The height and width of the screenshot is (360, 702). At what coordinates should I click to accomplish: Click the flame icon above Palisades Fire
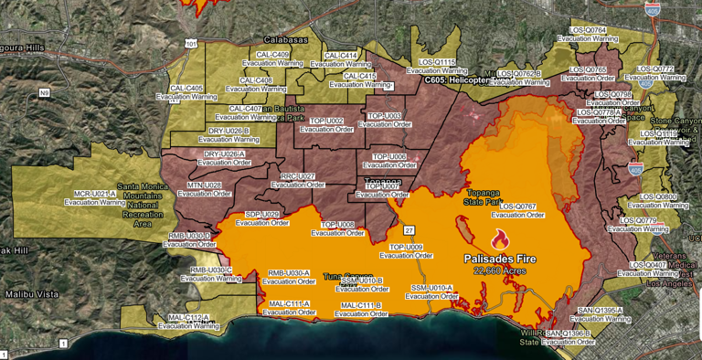click(x=499, y=240)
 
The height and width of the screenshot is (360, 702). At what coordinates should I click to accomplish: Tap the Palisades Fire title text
click(x=499, y=259)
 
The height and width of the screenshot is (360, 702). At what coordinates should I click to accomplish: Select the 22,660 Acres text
click(x=499, y=271)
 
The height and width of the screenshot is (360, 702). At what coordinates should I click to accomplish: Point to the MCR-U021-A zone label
click(x=95, y=194)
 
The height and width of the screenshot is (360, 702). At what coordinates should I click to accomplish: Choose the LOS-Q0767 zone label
click(x=517, y=207)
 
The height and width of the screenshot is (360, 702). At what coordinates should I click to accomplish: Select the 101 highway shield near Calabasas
click(x=190, y=43)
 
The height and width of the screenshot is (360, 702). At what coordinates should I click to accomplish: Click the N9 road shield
click(x=44, y=93)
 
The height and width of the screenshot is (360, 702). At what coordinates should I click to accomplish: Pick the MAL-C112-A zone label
click(x=189, y=317)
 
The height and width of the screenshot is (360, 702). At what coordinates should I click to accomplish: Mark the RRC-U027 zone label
click(x=298, y=176)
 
